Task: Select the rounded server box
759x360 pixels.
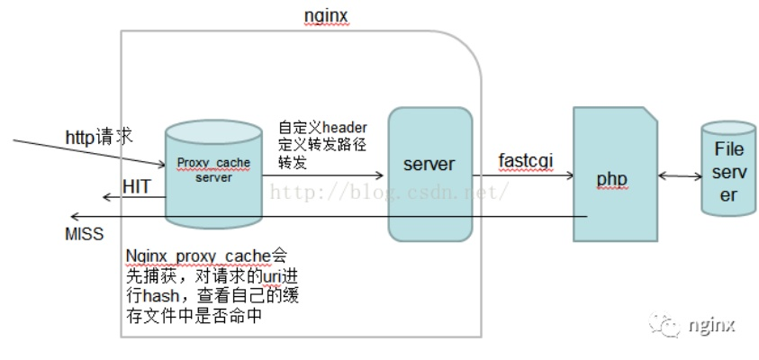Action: [x=429, y=174]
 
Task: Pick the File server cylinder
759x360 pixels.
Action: [x=728, y=171]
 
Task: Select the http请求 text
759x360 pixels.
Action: [x=98, y=137]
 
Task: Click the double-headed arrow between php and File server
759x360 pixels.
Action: [x=680, y=178]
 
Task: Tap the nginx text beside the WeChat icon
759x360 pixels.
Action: [x=711, y=324]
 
